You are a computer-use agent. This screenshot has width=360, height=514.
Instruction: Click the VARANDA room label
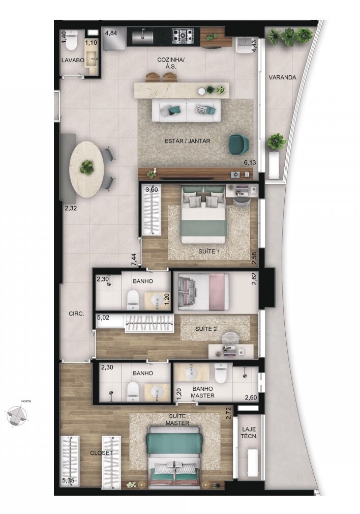coord(282,78)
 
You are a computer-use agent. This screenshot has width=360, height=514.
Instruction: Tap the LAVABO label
coord(73,61)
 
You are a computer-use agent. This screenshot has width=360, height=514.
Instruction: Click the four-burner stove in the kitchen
coord(183,36)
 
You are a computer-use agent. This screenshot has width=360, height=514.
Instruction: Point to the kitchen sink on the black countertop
coord(142,36)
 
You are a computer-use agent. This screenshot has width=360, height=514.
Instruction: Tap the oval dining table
coord(87,169)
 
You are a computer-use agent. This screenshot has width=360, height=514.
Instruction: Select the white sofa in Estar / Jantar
coord(187,110)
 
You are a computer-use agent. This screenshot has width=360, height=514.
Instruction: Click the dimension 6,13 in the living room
coord(249,162)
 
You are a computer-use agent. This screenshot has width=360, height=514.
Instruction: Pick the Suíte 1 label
coord(209,252)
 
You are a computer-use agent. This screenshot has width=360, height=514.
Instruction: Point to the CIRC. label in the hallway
coord(76,313)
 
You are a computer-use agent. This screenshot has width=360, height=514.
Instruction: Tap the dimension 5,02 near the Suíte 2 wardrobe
coord(103,318)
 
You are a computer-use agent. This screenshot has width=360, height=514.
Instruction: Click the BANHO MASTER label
coord(203,392)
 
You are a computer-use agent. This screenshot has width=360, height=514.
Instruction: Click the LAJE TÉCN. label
coord(249,433)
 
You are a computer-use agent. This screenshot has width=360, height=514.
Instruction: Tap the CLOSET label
coord(101,453)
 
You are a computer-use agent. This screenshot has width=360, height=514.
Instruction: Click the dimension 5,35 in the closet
coord(68,481)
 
